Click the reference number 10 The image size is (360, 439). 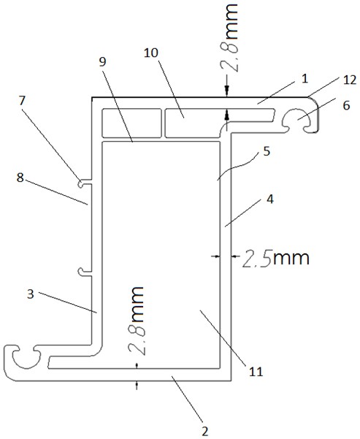[151, 53]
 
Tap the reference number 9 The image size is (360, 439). [103, 62]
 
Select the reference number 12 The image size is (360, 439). [349, 80]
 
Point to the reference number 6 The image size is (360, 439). [346, 106]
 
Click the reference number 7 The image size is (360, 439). [23, 101]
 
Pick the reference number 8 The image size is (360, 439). [20, 177]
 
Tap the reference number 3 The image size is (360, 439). [31, 294]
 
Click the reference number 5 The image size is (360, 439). [267, 151]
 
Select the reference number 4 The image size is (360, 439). [269, 199]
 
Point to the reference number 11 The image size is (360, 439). [256, 372]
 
